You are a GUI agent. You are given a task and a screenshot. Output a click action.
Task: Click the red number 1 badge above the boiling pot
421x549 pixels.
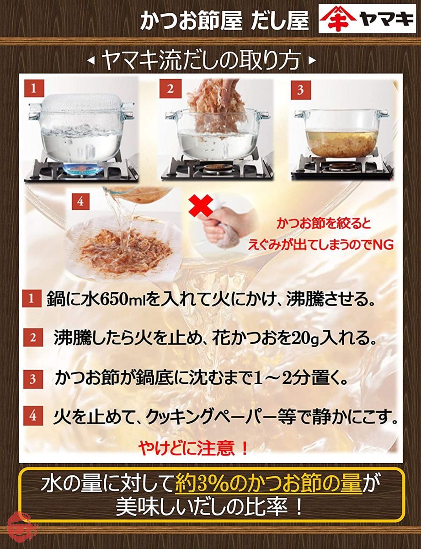pyautogui.click(x=33, y=89)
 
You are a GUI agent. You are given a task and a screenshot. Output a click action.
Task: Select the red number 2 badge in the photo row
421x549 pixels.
pyautogui.click(x=170, y=89)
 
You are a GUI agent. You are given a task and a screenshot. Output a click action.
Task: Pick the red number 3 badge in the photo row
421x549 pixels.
pyautogui.click(x=300, y=90)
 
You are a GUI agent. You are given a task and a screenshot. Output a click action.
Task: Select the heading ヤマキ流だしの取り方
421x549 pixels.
pyautogui.click(x=202, y=61)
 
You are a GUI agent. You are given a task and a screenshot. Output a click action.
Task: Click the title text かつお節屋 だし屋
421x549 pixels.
pyautogui.click(x=224, y=21)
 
